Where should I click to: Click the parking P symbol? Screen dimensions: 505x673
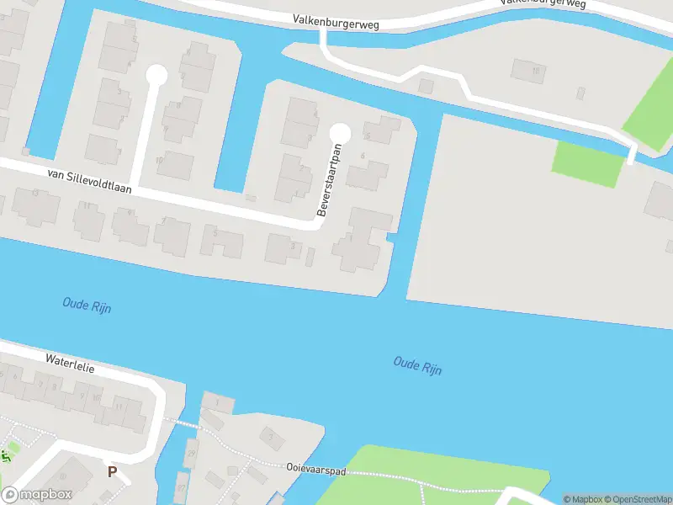pos(112,472)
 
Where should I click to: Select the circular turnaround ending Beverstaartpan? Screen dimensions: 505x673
pos(340,133)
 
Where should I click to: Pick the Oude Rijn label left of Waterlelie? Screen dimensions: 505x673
pos(86,305)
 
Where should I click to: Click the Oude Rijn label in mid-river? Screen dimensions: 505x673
pos(417,365)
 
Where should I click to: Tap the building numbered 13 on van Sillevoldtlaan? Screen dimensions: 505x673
pos(34,206)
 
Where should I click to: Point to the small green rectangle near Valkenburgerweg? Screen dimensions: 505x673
pos(588,163)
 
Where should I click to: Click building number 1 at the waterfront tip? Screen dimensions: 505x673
pos(219,403)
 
